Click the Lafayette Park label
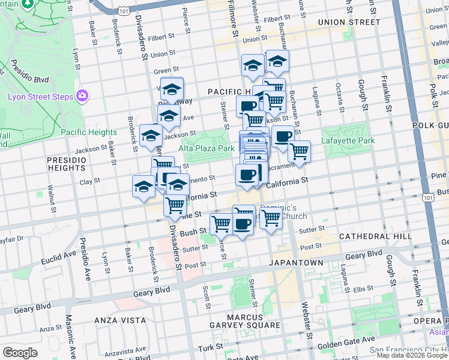[x=348, y=140]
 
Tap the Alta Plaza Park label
[x=206, y=148]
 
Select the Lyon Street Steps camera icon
[x=82, y=96]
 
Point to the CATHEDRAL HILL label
[x=375, y=236]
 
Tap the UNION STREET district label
[x=349, y=22]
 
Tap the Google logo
[x=20, y=352]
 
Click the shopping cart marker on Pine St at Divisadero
[x=175, y=206]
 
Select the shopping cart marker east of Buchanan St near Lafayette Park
[x=298, y=152]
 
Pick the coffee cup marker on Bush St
[x=243, y=224]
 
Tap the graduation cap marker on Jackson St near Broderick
[x=151, y=136]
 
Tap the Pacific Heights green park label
[x=88, y=132]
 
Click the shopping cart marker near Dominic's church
[x=271, y=219]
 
